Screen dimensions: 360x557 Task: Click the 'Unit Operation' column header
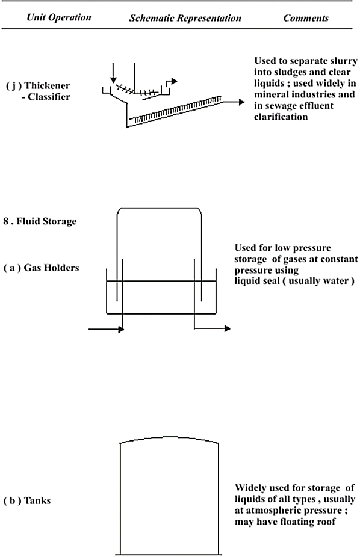59,18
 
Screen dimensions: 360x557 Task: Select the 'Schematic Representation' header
185,18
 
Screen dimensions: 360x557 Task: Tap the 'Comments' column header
306,18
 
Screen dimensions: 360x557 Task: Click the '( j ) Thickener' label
38,86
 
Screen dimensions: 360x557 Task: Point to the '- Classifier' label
46,97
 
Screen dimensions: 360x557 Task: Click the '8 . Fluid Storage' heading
40,221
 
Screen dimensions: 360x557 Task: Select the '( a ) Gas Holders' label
41,268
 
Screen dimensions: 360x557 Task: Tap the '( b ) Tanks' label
27,501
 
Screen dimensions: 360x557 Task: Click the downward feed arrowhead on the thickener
113,80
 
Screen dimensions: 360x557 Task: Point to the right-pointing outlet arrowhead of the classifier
241,102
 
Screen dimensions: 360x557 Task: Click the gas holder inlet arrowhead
121,330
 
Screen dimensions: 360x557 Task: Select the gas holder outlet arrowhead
227,328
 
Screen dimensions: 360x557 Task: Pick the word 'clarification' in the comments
281,117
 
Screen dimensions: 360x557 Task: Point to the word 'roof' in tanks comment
326,522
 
